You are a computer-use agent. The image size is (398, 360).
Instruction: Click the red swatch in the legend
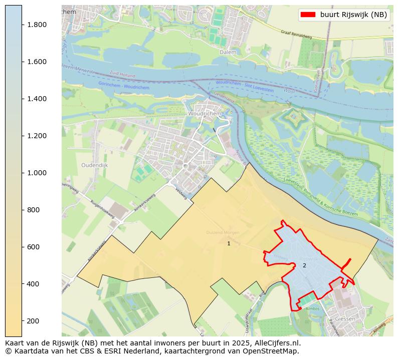coord(308,15)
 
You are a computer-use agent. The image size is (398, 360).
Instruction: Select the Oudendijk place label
coord(94,165)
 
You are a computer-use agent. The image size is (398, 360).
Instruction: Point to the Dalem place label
coord(228,52)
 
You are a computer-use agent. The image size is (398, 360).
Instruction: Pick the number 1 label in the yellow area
coord(229,243)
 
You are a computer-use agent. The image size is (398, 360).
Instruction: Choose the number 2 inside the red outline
coord(304,265)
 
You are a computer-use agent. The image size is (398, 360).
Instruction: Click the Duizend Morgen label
coord(223,233)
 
